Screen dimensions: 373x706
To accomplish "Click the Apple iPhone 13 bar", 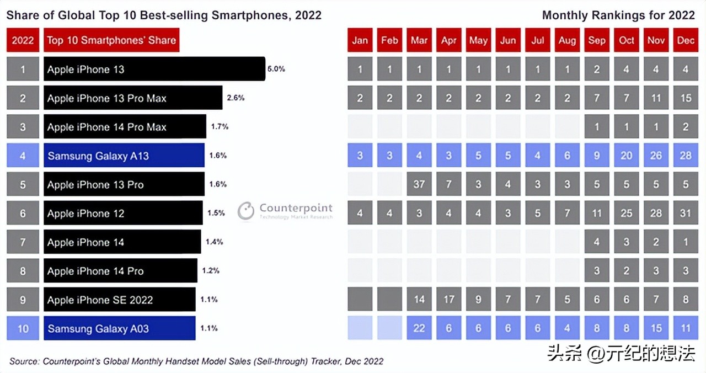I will [154, 69].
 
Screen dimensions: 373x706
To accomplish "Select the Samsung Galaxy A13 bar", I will [124, 156].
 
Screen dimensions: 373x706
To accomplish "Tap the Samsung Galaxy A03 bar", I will [120, 328].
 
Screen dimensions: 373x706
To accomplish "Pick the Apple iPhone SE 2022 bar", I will [120, 300].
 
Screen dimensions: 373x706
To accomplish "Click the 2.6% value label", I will [236, 98].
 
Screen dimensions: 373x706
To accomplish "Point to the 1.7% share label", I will [220, 126].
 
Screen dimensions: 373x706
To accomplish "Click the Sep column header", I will [597, 40].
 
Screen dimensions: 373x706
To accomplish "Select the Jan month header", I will [360, 40].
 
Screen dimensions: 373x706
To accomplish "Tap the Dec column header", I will [686, 40].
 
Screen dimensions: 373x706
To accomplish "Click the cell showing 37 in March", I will [419, 184].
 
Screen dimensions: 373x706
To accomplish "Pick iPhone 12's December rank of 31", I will [686, 213].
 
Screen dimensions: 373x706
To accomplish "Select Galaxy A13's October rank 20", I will [627, 156].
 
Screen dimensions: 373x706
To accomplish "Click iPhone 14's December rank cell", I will [686, 242].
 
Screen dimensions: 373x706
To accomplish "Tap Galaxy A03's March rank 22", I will [419, 328].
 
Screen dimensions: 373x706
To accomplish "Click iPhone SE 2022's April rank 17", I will [449, 300].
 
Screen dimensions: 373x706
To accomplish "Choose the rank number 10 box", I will [23, 328].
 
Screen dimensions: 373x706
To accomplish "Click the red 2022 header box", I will [23, 40].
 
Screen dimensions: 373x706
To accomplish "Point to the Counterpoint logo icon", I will [246, 211].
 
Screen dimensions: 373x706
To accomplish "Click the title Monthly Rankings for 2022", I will [618, 15].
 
